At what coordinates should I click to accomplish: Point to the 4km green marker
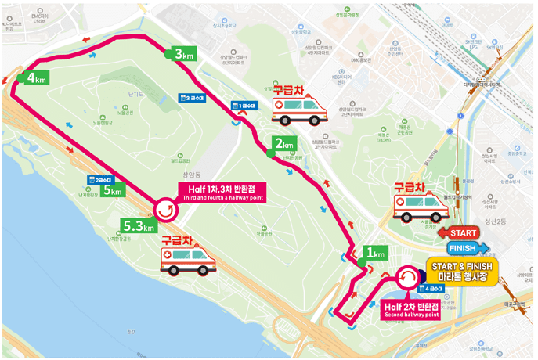[37, 78]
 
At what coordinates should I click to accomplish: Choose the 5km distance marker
[111, 191]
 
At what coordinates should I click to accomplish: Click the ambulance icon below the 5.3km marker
[187, 257]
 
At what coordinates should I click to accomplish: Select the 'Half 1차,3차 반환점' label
[222, 192]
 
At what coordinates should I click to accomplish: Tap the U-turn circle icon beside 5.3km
[165, 209]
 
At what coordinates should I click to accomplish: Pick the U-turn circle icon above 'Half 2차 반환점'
[407, 278]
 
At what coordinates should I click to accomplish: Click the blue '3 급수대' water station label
[192, 98]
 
